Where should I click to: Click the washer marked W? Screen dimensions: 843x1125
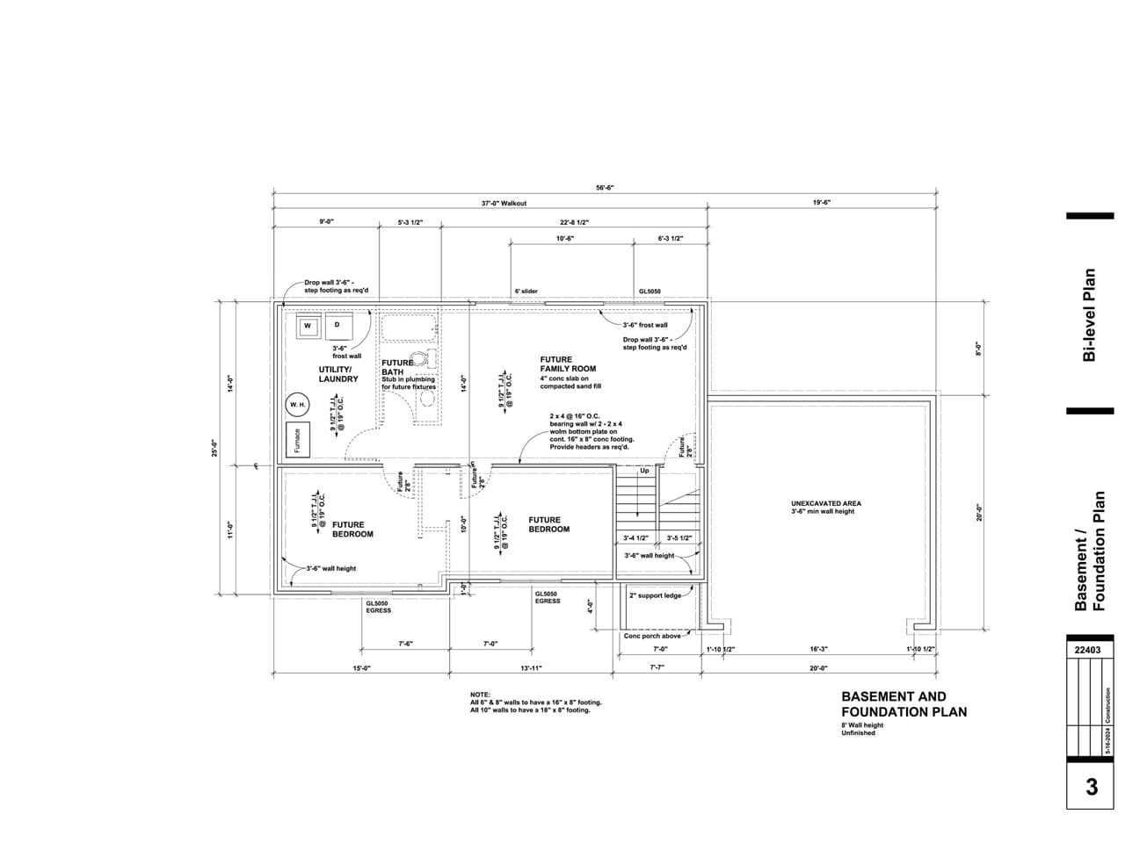pos(308,326)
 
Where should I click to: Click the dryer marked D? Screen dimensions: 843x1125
pos(337,326)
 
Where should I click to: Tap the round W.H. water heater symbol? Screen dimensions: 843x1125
pos(298,404)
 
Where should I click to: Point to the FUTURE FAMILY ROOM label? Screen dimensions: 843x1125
pos(568,364)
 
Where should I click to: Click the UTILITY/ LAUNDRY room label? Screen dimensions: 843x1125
pos(338,374)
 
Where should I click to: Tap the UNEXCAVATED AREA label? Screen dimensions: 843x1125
pos(825,504)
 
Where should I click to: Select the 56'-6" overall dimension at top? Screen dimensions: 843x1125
pos(605,187)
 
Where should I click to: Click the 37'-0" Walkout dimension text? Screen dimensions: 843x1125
pos(504,203)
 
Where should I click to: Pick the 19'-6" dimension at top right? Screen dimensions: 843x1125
pos(822,202)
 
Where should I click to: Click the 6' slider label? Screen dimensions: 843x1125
pos(526,291)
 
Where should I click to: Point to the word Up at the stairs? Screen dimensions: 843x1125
pos(644,471)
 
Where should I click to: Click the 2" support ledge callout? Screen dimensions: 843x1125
pos(656,595)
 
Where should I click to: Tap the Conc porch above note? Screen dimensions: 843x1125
pos(652,636)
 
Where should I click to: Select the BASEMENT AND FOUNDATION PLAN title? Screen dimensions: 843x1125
pos(904,704)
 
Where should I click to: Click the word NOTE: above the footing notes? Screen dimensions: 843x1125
pos(480,695)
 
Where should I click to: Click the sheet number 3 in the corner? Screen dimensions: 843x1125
pos(1091,787)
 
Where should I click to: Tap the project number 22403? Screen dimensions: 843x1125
pos(1089,651)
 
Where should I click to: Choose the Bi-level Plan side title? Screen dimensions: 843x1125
pos(1090,314)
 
